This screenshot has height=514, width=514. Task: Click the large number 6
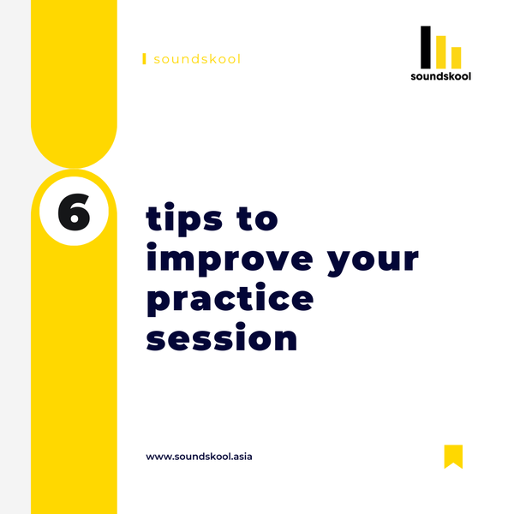click(74, 212)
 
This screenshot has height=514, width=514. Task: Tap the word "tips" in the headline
click(185, 219)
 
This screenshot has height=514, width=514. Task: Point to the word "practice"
click(230, 301)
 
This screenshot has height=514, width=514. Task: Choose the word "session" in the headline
click(222, 338)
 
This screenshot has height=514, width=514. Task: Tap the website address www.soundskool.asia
click(199, 457)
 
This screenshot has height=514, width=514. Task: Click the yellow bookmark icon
click(453, 456)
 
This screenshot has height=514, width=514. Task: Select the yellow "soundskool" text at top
click(196, 59)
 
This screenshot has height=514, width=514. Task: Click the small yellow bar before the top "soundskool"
click(144, 59)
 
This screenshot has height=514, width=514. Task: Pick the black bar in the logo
click(426, 46)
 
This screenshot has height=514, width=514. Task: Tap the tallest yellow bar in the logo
click(441, 51)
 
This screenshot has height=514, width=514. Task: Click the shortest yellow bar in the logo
click(456, 57)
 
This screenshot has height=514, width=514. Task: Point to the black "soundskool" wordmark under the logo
click(440, 75)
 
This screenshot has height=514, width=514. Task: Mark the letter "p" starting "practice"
click(158, 302)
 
